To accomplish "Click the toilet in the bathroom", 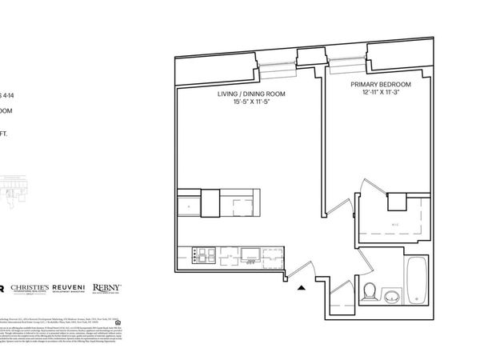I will pos(370,291).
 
